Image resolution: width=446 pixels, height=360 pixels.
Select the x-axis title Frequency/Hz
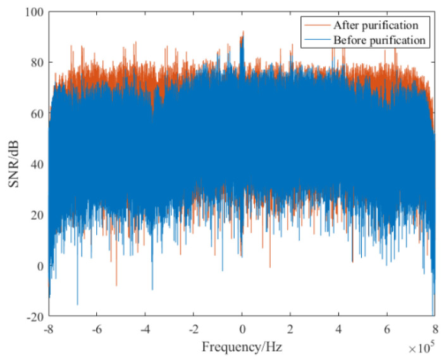tap(241, 347)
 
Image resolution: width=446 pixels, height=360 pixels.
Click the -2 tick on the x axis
tap(193, 329)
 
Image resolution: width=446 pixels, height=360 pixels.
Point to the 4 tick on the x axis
tap(338, 329)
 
